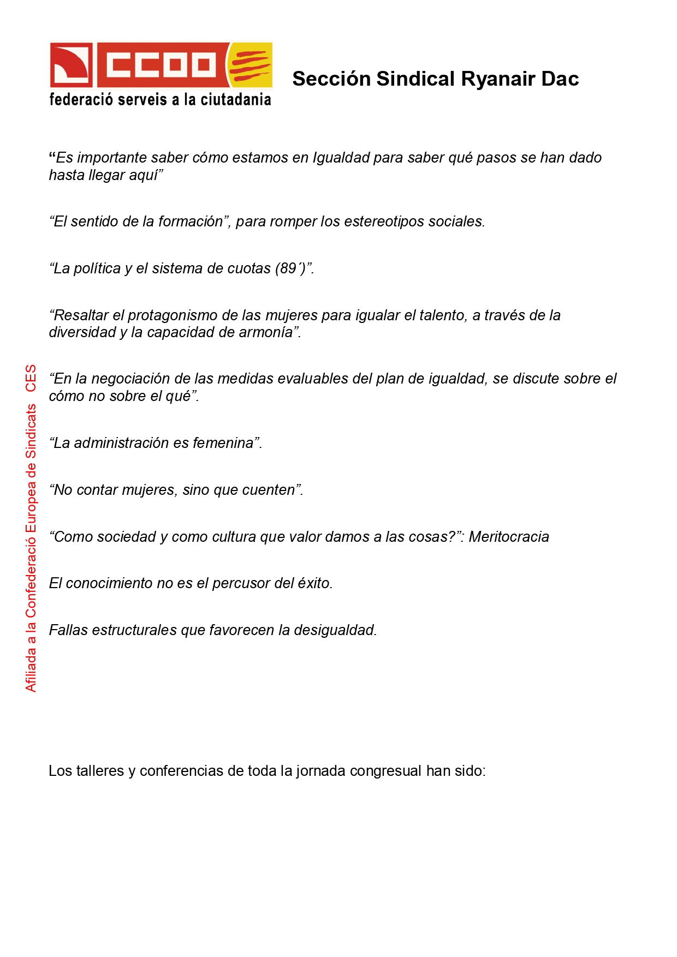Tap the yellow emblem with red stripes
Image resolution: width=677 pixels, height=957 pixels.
(x=250, y=64)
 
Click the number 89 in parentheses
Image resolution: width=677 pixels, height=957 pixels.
(x=288, y=268)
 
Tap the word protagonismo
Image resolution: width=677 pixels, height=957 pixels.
(x=173, y=315)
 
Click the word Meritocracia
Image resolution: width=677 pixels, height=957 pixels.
(x=509, y=537)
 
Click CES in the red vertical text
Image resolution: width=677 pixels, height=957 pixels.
(x=31, y=378)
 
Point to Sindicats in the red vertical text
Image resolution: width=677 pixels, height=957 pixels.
(x=31, y=430)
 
